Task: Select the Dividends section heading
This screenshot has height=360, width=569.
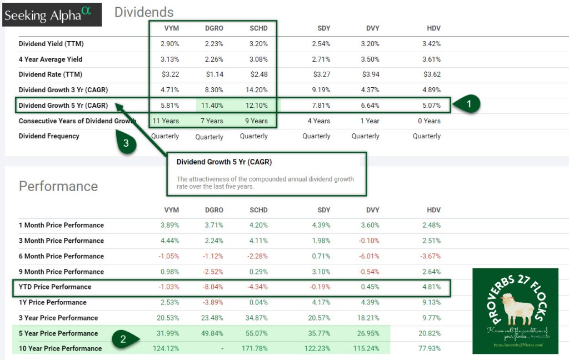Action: click(x=144, y=12)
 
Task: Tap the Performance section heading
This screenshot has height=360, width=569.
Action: click(x=58, y=186)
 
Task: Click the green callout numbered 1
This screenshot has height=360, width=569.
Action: click(x=468, y=104)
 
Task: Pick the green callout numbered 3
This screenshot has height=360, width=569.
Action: click(x=126, y=143)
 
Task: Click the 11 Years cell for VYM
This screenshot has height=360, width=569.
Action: click(x=165, y=121)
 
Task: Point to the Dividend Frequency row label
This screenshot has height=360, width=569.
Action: click(x=49, y=136)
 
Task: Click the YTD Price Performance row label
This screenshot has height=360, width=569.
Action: click(x=55, y=287)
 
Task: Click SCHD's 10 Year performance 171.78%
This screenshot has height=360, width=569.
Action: click(x=254, y=349)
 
